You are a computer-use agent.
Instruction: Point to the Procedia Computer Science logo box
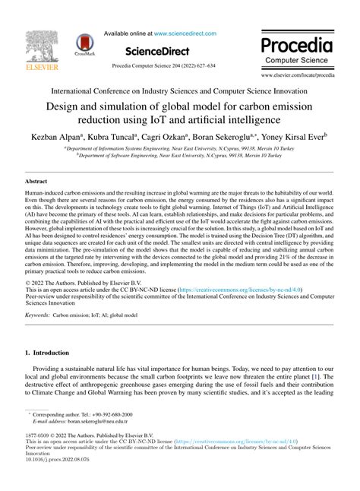click(x=298, y=49)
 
